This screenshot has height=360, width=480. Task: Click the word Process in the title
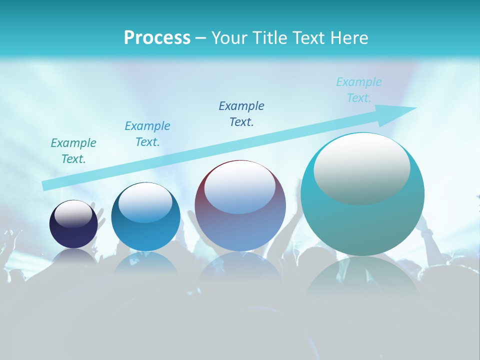[x=157, y=38]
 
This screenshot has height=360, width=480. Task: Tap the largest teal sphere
[x=362, y=220]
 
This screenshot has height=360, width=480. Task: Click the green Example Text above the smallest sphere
[x=73, y=151]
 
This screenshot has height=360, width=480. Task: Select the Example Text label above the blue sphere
[x=147, y=134]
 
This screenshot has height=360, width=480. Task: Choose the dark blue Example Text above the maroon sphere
[x=241, y=113]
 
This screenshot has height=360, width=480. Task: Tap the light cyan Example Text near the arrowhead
[x=359, y=90]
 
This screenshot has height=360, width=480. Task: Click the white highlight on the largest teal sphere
[x=361, y=169]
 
